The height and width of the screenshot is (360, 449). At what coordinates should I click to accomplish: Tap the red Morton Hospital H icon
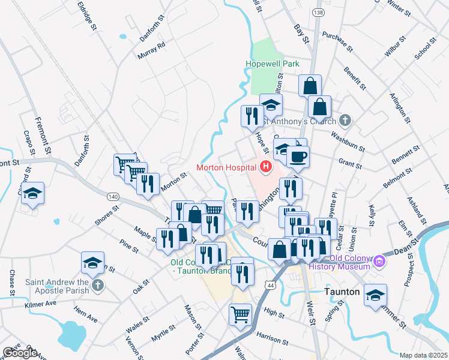coord(265,167)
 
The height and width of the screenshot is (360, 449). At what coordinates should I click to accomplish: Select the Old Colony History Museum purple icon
coord(379,261)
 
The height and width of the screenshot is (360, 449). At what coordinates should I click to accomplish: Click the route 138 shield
coord(318,12)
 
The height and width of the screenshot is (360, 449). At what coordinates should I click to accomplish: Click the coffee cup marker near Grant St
coord(297,157)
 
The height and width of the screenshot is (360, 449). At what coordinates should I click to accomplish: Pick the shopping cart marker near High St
coord(240,313)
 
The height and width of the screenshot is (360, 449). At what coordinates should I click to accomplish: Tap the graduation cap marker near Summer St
coord(375,295)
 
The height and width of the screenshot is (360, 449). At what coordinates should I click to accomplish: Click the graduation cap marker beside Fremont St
coord(33,193)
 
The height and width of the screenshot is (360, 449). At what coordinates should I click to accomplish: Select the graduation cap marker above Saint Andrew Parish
coord(92,263)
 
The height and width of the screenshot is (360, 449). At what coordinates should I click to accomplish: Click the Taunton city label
coord(342,292)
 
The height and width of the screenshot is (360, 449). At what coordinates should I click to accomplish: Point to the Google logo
coord(20,353)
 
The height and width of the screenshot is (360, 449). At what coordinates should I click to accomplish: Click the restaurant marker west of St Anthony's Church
coord(252,114)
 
